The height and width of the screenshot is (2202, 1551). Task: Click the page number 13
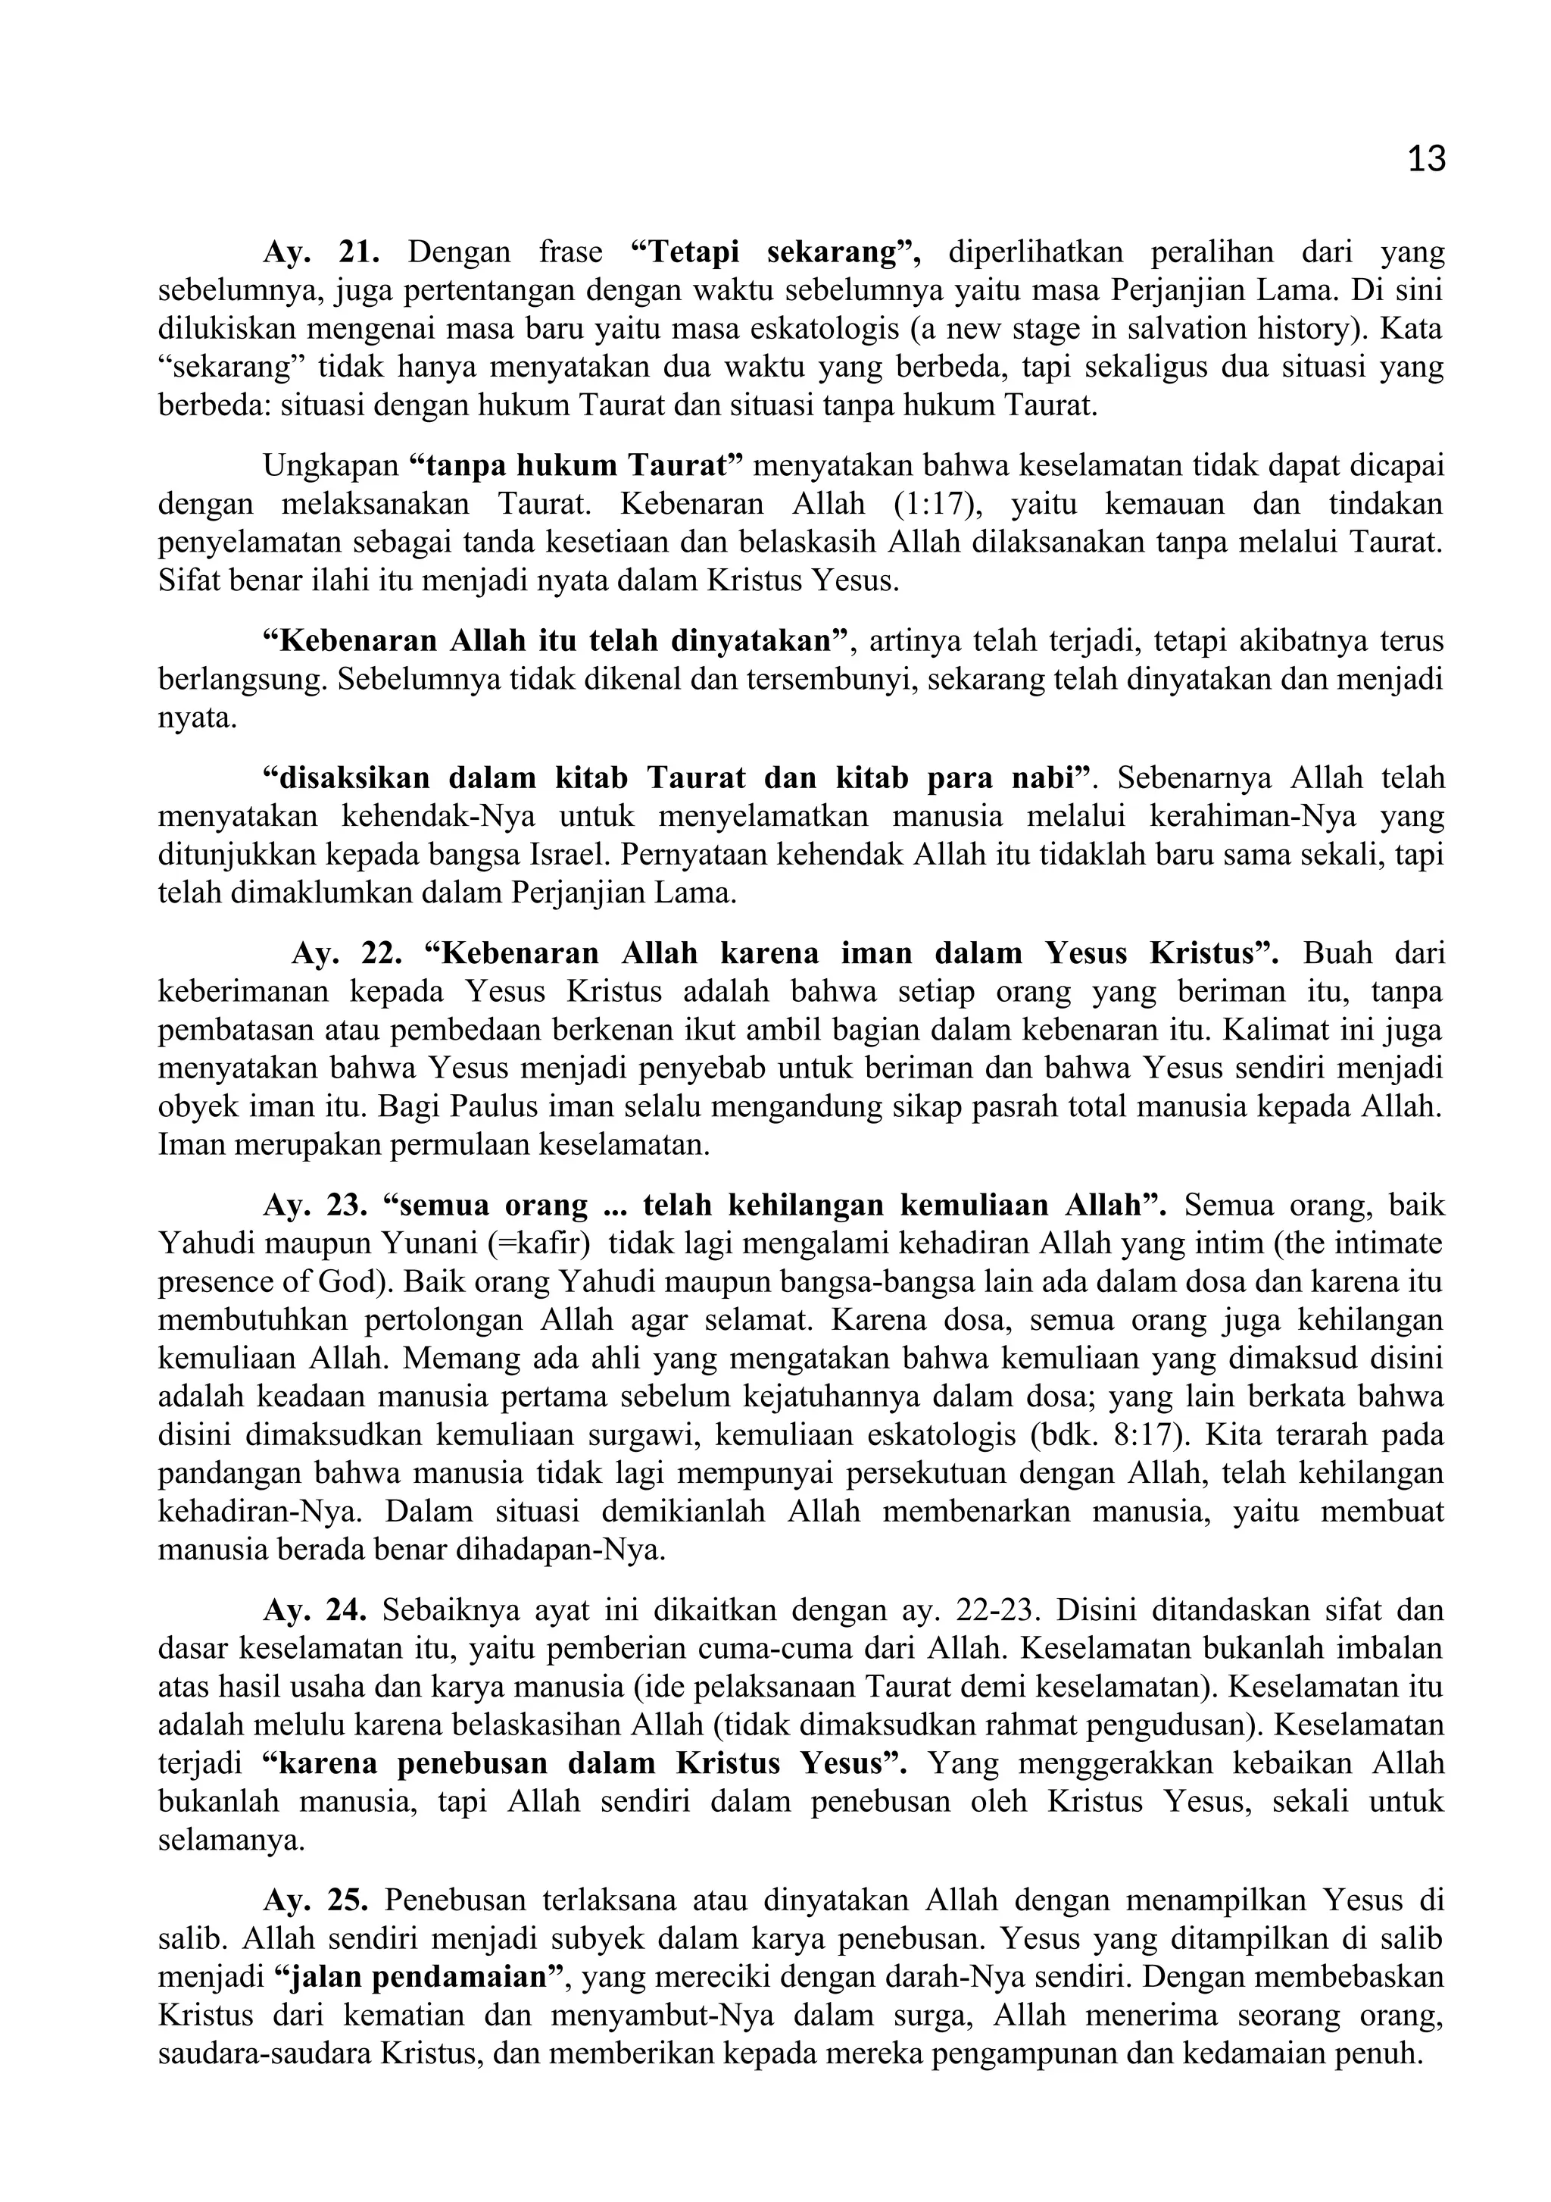coord(1425,159)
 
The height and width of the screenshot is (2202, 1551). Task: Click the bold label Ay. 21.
coord(321,252)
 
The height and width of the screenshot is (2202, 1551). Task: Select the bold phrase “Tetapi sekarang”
coord(775,252)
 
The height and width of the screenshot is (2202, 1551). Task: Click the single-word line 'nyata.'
coord(196,718)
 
